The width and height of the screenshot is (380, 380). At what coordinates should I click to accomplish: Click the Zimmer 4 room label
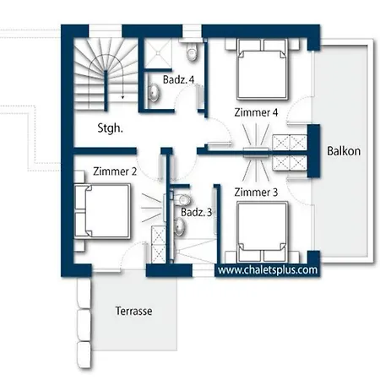(x=256, y=112)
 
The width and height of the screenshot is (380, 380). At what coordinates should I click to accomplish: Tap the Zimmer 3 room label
(x=256, y=193)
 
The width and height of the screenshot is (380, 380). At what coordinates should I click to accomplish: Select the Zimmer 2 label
(x=115, y=171)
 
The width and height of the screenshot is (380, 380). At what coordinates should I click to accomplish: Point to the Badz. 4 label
(x=178, y=79)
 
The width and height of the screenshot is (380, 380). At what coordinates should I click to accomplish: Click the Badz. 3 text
(x=196, y=212)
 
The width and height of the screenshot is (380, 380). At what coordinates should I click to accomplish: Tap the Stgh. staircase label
(x=110, y=128)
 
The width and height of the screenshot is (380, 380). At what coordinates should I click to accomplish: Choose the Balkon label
(x=344, y=151)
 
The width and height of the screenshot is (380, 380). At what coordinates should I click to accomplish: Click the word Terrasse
(x=133, y=311)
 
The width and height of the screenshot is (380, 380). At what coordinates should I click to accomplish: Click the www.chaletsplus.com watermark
(x=268, y=270)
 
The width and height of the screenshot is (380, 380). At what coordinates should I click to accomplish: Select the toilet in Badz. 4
(x=192, y=52)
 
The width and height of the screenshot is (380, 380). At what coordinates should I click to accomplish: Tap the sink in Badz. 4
(x=154, y=92)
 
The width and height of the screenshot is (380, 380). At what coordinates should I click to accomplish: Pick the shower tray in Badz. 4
(x=158, y=53)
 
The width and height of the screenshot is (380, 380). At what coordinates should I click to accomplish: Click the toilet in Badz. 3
(x=182, y=199)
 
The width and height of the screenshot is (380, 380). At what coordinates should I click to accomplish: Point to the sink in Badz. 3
(x=180, y=226)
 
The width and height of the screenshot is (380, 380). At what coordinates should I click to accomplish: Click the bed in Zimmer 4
(x=262, y=69)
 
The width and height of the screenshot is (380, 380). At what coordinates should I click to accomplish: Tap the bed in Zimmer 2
(x=102, y=211)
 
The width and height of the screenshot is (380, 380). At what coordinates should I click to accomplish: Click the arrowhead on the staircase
(x=122, y=97)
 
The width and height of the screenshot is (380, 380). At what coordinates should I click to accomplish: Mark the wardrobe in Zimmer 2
(x=159, y=244)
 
